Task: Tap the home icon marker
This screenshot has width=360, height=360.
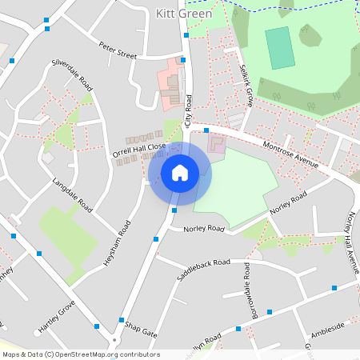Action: (x=180, y=173)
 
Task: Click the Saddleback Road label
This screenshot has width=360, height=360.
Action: (x=203, y=270)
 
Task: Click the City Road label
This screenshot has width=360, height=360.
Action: (x=190, y=111)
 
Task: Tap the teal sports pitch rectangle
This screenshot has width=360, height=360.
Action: (x=279, y=48)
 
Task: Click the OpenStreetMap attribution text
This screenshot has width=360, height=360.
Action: (x=80, y=354)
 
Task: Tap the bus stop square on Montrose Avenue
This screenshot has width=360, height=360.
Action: (x=206, y=129)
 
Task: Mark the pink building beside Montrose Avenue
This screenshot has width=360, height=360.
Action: (x=217, y=144)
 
